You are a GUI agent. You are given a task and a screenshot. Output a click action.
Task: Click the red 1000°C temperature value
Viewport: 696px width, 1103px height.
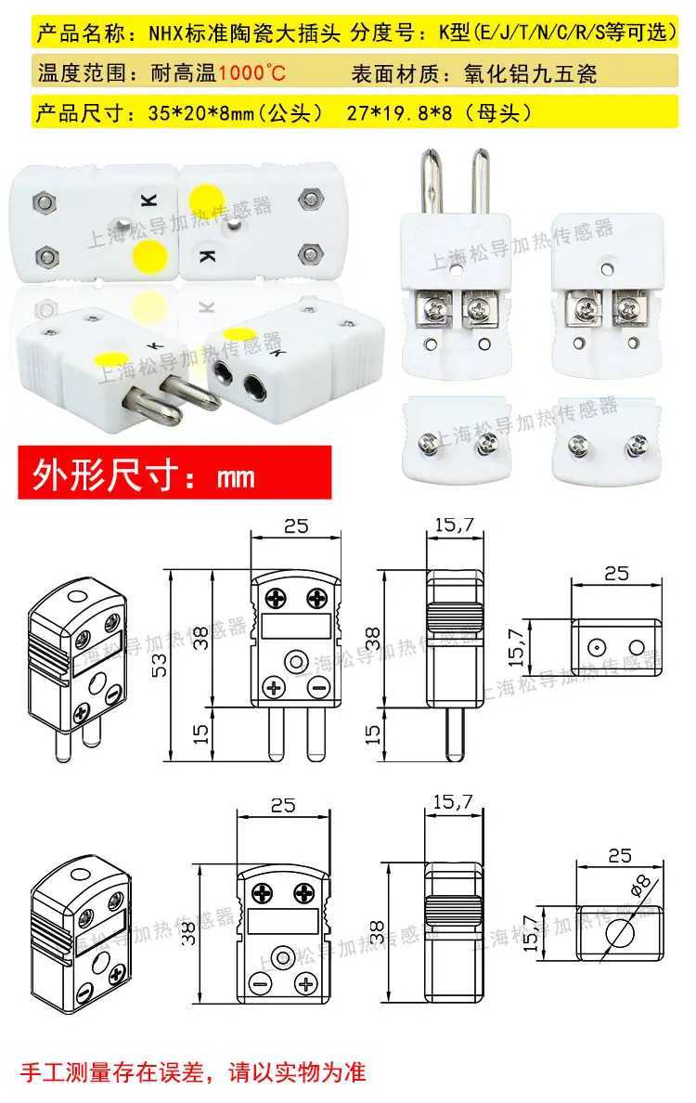coord(251,72)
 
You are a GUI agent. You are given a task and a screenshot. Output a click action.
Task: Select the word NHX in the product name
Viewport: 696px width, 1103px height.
coord(165,32)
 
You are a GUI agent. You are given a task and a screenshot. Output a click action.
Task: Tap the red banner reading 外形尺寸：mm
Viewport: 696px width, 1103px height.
coord(174,473)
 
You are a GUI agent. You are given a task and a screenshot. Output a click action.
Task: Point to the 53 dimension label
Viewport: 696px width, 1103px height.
coord(160,666)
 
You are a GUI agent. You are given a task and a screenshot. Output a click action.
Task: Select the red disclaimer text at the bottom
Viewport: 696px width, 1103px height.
coord(193,1072)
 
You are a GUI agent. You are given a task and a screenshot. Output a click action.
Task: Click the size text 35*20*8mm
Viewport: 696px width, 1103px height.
coord(201,112)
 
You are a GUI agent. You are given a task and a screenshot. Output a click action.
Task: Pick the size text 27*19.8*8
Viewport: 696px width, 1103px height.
coord(399,112)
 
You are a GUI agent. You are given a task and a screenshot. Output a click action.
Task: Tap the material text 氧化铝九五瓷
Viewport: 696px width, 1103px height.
coord(530,73)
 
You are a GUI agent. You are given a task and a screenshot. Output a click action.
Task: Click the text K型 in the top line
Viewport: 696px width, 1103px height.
coord(454,32)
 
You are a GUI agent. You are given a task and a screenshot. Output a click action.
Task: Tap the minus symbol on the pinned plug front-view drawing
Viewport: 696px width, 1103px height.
coord(319,687)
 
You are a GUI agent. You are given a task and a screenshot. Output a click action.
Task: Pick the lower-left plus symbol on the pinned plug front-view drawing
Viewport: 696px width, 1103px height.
coord(274,687)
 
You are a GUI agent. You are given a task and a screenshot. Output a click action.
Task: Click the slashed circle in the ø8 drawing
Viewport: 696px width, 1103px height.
coord(619,934)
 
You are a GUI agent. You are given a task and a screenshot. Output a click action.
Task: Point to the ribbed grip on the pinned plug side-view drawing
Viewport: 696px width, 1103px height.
coord(454,616)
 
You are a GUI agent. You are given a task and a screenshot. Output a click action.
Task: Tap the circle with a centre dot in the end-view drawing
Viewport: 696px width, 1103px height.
coord(597,647)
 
